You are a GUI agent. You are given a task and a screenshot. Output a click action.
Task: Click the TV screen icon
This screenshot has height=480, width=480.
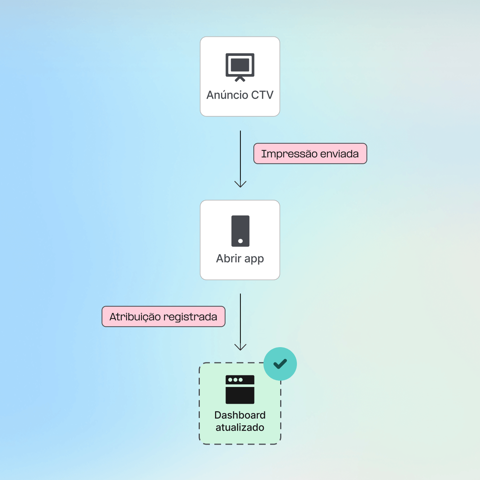[240, 66]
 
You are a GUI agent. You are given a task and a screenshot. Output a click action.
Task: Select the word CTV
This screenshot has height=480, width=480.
[262, 95]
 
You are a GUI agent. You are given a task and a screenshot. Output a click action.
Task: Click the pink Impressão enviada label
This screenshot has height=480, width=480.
[310, 154]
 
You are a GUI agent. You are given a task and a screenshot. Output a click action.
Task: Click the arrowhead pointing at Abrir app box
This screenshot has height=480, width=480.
[240, 184]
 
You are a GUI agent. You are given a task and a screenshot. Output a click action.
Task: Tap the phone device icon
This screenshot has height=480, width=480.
[240, 231]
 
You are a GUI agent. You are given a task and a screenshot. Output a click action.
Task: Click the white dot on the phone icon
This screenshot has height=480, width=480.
[240, 241]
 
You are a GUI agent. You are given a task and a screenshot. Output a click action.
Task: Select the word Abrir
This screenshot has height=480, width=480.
[229, 258]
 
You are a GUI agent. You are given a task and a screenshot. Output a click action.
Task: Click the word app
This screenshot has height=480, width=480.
[254, 259]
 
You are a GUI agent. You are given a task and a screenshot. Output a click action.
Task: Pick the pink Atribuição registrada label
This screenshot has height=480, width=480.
[163, 317]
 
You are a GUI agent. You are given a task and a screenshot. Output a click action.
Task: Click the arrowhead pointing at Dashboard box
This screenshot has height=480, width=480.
[240, 347]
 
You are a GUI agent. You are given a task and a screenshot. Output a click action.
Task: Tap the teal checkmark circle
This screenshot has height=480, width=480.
[280, 364]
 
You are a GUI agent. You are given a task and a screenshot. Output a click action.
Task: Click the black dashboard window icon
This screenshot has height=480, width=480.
[240, 390]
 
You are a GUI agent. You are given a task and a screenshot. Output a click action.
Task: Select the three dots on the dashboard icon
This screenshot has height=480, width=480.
[236, 380]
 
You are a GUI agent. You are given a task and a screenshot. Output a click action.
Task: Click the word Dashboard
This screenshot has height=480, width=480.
[240, 415]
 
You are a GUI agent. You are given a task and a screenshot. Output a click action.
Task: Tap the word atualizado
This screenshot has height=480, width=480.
[240, 427]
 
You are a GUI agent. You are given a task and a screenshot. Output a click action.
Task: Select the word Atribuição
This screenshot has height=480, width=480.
[135, 317]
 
